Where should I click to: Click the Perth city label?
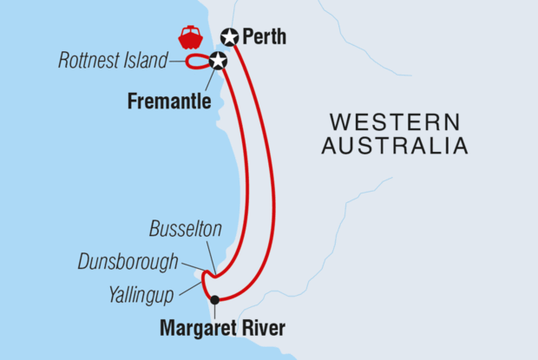pyautogui.click(x=265, y=37)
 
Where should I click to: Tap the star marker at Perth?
pyautogui.click(x=229, y=36)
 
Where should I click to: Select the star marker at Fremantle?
pyautogui.click(x=218, y=60)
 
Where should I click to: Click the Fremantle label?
pyautogui.click(x=169, y=101)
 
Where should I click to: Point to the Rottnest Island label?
pyautogui.click(x=112, y=61)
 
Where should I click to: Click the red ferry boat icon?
pyautogui.click(x=190, y=37)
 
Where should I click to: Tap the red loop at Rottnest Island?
pyautogui.click(x=196, y=61)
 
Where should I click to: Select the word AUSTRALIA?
pyautogui.click(x=395, y=146)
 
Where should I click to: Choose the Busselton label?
pyautogui.click(x=185, y=230)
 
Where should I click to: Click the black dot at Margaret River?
pyautogui.click(x=215, y=300)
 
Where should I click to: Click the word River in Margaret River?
pyautogui.click(x=266, y=329)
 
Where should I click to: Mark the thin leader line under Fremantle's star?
pyautogui.click(x=211, y=76)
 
